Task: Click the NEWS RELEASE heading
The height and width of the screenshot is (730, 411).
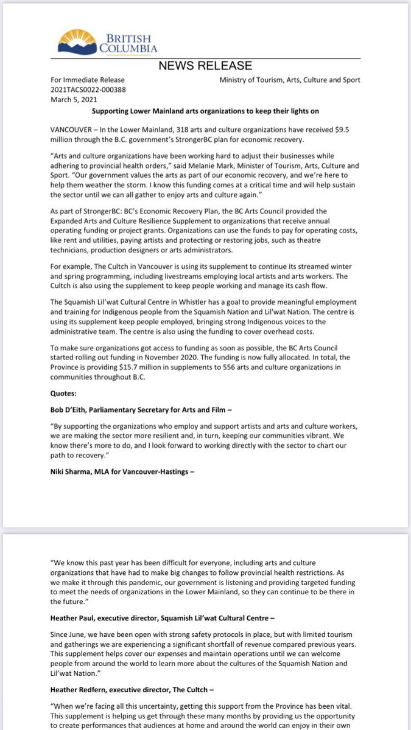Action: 205,66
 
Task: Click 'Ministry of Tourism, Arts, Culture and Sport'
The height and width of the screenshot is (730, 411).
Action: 289,80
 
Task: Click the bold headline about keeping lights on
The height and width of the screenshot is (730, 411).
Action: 205,113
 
